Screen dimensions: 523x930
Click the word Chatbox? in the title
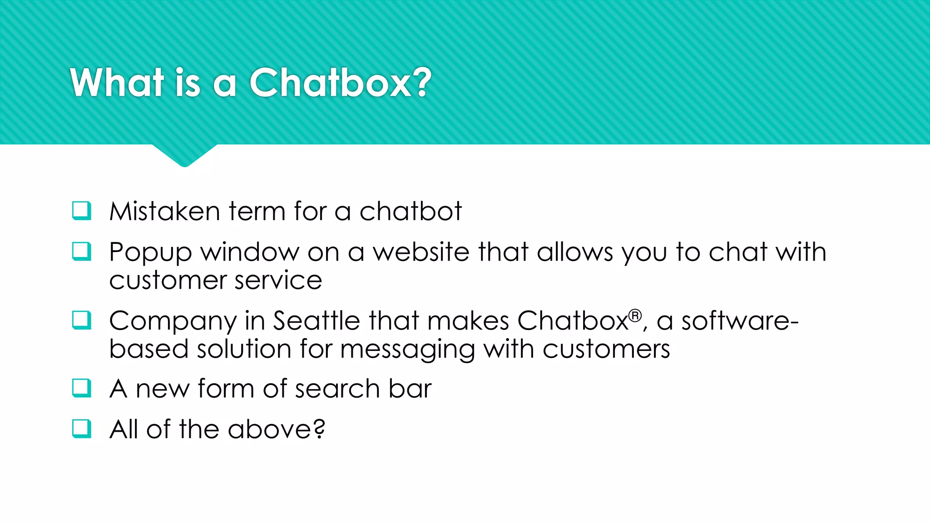[341, 83]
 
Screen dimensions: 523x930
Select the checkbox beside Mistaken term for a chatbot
[82, 211]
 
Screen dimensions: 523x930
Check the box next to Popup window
[82, 252]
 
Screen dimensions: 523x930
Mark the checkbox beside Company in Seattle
[82, 320]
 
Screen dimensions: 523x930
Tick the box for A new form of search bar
[82, 388]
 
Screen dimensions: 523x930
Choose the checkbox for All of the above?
[82, 429]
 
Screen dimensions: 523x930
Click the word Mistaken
[164, 212]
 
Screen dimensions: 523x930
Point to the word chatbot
[411, 212]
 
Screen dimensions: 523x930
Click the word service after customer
[278, 281]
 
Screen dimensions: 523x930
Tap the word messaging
[407, 350]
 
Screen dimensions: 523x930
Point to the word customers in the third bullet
[606, 349]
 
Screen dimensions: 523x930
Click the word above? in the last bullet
[277, 429]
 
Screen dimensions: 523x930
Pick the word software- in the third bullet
[740, 321]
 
